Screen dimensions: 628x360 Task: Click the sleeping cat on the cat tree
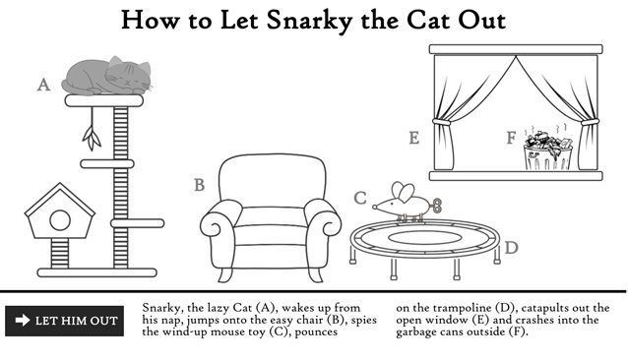click(107, 76)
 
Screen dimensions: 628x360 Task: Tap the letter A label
click(43, 85)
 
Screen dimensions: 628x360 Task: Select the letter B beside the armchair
click(199, 185)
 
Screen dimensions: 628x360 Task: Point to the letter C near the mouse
click(360, 198)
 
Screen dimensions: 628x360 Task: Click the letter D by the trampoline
click(511, 248)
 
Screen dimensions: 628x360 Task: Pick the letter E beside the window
click(414, 138)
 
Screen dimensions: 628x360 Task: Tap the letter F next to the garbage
click(511, 138)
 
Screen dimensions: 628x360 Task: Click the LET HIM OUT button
click(65, 321)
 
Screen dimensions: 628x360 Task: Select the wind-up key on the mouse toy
click(436, 206)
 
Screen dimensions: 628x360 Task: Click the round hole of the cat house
click(60, 220)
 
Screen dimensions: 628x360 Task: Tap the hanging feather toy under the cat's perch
click(92, 129)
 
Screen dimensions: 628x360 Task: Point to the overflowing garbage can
click(548, 151)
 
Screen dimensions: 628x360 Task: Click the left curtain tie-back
click(441, 122)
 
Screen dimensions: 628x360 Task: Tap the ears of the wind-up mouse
click(403, 192)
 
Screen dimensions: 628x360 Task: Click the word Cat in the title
click(429, 20)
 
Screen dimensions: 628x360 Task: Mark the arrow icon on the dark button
click(23, 320)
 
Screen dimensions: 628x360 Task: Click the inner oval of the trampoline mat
click(424, 238)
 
